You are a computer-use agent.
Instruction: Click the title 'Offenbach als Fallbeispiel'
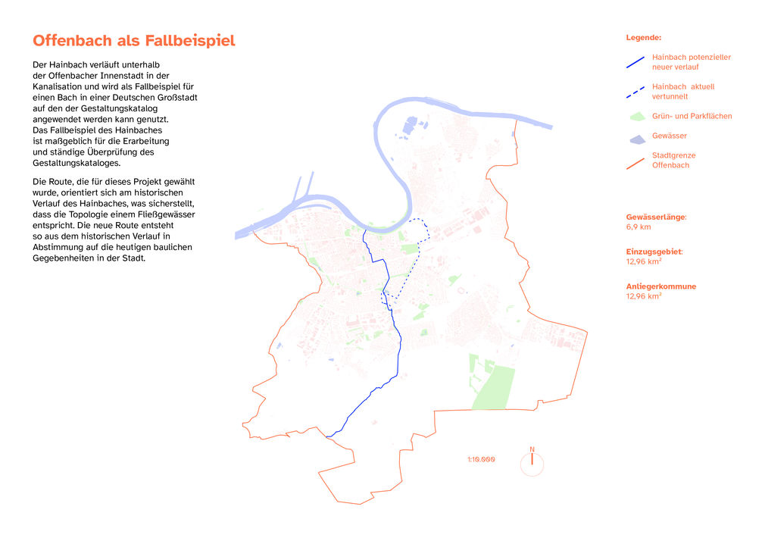tap(134, 41)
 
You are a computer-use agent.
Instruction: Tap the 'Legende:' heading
tap(643, 37)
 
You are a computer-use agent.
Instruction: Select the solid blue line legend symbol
tap(635, 62)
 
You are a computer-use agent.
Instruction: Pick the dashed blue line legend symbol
tap(635, 92)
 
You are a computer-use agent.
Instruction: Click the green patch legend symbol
tap(635, 117)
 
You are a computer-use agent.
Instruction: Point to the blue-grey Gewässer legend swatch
tap(635, 137)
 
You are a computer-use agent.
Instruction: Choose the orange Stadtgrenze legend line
tap(635, 161)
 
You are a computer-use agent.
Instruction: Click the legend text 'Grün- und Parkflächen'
tap(692, 116)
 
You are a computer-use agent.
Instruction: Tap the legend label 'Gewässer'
tap(670, 136)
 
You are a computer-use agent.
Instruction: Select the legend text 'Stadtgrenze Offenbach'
tap(673, 160)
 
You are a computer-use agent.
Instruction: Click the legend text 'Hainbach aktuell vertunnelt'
tap(682, 92)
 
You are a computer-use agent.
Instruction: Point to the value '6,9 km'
tap(638, 227)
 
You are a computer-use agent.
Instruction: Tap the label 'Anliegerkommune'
tap(660, 286)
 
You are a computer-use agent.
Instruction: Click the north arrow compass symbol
tap(532, 463)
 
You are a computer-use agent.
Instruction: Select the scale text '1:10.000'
tap(481, 459)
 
